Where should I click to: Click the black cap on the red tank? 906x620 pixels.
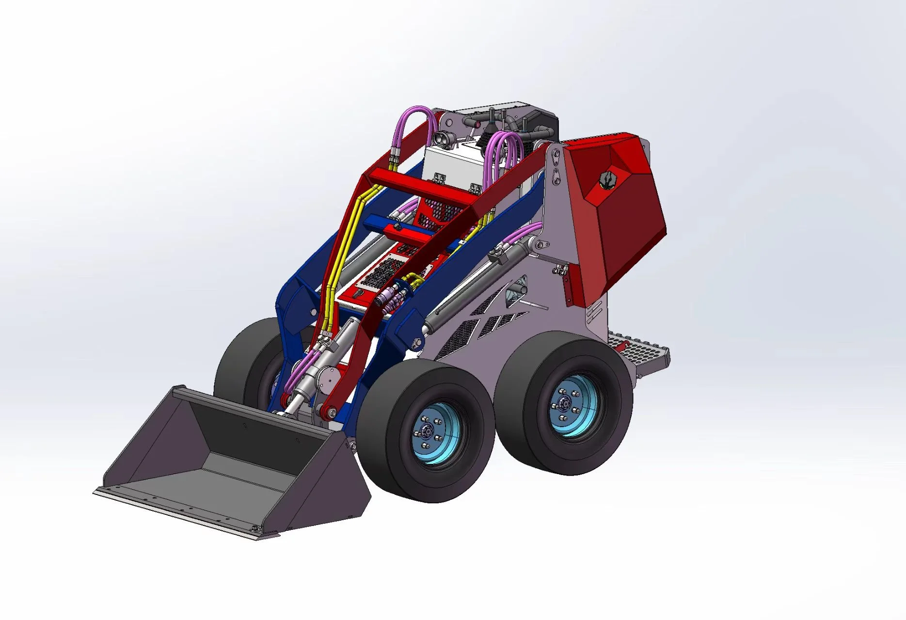click(x=606, y=180)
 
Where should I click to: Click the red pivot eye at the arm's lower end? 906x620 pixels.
click(x=329, y=413)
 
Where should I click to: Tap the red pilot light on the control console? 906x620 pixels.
click(x=478, y=125)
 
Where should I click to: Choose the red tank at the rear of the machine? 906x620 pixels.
click(x=616, y=213)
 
